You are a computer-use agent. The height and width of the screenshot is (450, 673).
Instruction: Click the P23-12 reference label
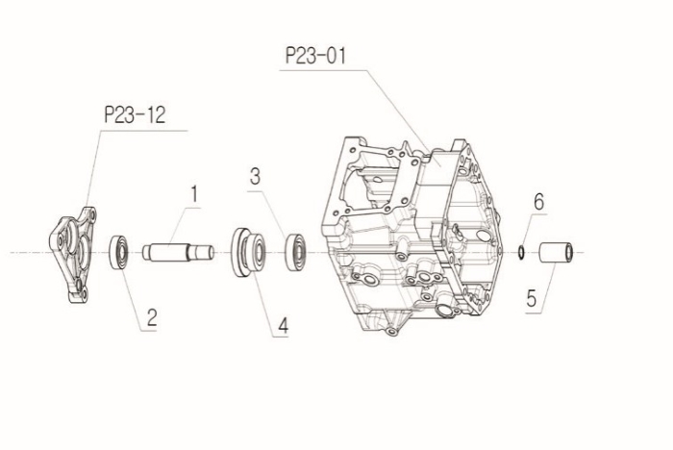pyautogui.click(x=135, y=115)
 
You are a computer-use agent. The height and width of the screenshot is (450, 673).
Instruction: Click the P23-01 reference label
pyautogui.click(x=315, y=56)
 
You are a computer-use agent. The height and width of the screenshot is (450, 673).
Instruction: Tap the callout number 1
pyautogui.click(x=194, y=194)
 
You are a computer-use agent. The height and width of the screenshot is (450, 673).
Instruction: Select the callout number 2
pyautogui.click(x=152, y=317)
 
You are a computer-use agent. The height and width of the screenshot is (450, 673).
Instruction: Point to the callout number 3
pyautogui.click(x=255, y=177)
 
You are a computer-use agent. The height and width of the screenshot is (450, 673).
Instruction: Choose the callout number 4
pyautogui.click(x=283, y=326)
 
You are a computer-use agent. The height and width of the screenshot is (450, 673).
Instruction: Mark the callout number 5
pyautogui.click(x=532, y=298)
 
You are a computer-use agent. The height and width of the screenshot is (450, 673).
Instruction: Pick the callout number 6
pyautogui.click(x=538, y=201)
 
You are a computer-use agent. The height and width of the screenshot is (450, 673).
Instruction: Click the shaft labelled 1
pyautogui.click(x=178, y=252)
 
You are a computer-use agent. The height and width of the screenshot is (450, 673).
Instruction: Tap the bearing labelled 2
pyautogui.click(x=118, y=252)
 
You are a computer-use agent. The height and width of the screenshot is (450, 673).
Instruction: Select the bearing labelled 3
pyautogui.click(x=295, y=252)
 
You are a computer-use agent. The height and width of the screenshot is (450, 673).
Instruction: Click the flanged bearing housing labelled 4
pyautogui.click(x=248, y=253)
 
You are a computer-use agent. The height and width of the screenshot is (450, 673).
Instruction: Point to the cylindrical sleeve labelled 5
pyautogui.click(x=556, y=252)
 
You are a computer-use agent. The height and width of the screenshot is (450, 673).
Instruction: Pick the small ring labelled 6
pyautogui.click(x=521, y=252)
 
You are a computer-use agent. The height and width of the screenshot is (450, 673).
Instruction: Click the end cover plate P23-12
pyautogui.click(x=72, y=255)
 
